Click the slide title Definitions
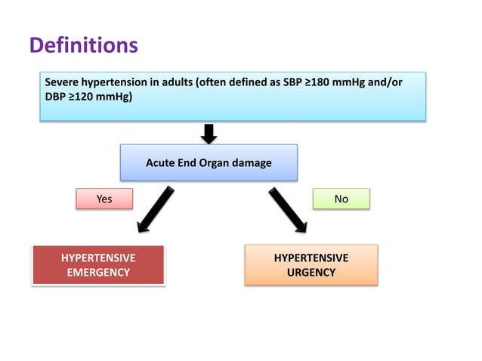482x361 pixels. pyautogui.click(x=83, y=46)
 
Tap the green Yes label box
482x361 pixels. pyautogui.click(x=104, y=199)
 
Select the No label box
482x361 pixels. pyautogui.click(x=341, y=199)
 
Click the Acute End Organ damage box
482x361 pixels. pyautogui.click(x=209, y=162)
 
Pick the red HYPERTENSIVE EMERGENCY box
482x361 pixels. pyautogui.click(x=98, y=265)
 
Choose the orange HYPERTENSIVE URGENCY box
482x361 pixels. pyautogui.click(x=311, y=265)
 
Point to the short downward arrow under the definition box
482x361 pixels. pyautogui.click(x=209, y=133)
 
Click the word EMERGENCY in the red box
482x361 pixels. pyautogui.click(x=98, y=272)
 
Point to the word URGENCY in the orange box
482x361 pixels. pyautogui.click(x=311, y=272)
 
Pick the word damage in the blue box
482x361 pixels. pyautogui.click(x=254, y=162)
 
